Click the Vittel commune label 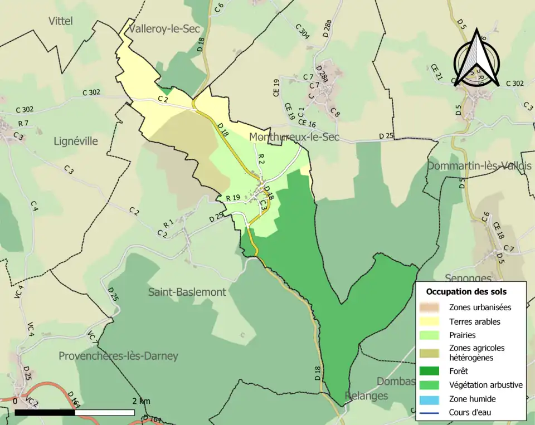pos(61,21)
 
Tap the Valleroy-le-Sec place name pos(164,28)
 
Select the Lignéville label pos(76,141)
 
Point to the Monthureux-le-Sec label pos(294,136)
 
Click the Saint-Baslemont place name pos(187,292)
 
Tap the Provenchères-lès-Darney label pos(118,356)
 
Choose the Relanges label pos(366,395)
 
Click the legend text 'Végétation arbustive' pos(485,385)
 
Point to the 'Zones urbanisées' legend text pos(480,307)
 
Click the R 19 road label pos(233,198)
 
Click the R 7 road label pos(23,123)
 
